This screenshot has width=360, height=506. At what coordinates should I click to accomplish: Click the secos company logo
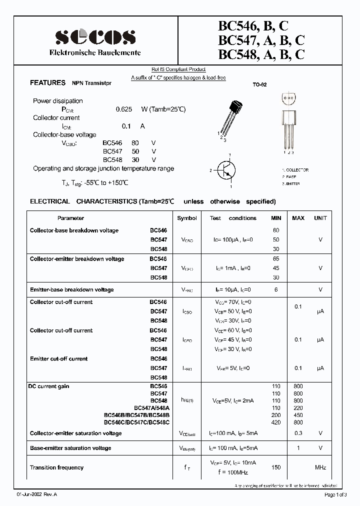tap(94, 37)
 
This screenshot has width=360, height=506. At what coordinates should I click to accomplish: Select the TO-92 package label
tap(259, 85)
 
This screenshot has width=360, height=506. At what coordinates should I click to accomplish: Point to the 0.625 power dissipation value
tap(123, 109)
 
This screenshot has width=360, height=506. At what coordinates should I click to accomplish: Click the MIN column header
tap(276, 218)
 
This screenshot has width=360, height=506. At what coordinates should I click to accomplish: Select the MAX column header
tap(298, 218)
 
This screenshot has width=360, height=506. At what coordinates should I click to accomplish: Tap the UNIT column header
tap(320, 218)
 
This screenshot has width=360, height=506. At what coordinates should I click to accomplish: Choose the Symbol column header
tap(187, 218)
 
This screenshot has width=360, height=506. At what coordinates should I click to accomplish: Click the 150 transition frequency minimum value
tap(276, 467)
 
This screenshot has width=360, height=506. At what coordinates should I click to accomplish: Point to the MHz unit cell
tap(320, 467)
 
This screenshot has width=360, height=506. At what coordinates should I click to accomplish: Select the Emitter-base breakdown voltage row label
tap(72, 289)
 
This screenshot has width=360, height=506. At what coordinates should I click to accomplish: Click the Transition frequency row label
tap(57, 467)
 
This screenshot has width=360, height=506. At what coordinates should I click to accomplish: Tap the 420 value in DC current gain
tap(276, 422)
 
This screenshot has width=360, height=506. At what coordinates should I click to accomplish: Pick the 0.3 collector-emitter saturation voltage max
tap(298, 433)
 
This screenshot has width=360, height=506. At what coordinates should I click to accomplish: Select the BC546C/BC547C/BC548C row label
tap(136, 422)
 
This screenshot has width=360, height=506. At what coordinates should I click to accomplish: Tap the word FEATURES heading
tap(47, 83)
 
